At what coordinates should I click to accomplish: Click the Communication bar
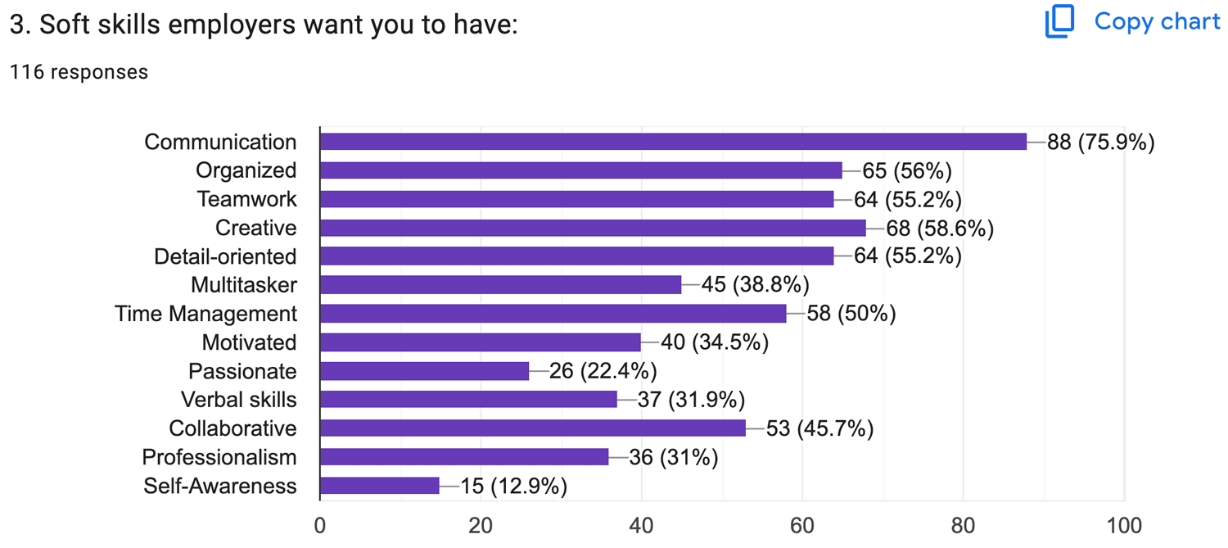(x=673, y=142)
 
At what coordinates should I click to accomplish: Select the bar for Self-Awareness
(x=380, y=486)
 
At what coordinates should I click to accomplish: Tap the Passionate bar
(x=424, y=371)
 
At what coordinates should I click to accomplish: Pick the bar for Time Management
(x=553, y=314)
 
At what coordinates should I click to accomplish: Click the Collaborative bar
(x=532, y=428)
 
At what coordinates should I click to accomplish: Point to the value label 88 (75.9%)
(x=1100, y=143)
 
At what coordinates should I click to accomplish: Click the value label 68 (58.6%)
(x=940, y=229)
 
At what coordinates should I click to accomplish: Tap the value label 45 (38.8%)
(x=755, y=285)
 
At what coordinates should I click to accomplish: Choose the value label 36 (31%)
(x=673, y=457)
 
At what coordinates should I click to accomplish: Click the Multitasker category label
(x=244, y=285)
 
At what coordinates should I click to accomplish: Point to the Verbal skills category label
(x=239, y=400)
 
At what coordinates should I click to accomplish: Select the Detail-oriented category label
(x=225, y=256)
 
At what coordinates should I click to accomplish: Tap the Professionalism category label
(x=219, y=457)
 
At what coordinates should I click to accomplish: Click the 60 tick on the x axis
(x=802, y=525)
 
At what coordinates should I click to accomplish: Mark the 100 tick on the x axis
(x=1124, y=525)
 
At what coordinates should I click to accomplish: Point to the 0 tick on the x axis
(x=320, y=525)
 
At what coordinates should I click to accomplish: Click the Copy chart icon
(x=1059, y=22)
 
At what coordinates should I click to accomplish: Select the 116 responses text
(x=79, y=72)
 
